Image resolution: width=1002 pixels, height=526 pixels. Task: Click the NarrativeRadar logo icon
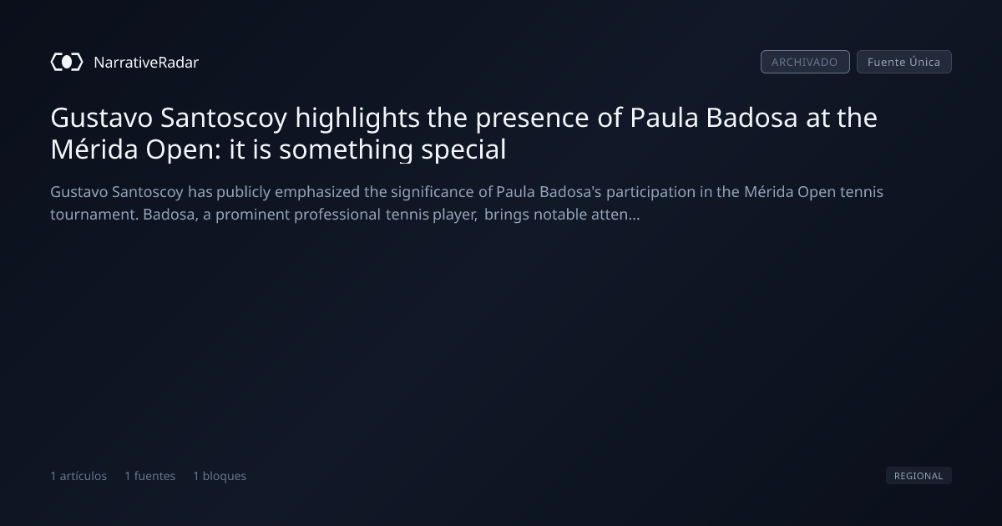(x=67, y=62)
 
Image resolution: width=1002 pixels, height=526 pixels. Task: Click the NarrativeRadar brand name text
(x=146, y=63)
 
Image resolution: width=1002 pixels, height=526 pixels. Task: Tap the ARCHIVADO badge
(x=805, y=62)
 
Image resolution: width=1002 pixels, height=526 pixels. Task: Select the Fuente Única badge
(x=903, y=62)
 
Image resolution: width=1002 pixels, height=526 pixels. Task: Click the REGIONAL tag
(x=918, y=475)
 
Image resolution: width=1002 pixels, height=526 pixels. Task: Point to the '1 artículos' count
(x=78, y=476)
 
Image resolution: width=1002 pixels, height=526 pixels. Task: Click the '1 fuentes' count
(x=149, y=476)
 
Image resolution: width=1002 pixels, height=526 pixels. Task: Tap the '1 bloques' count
(x=220, y=476)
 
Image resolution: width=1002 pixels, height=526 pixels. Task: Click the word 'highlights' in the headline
(x=357, y=119)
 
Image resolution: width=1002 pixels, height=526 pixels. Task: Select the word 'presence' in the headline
(x=532, y=119)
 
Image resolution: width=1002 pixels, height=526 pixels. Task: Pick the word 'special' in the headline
(x=463, y=149)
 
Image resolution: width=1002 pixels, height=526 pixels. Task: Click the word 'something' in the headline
(x=346, y=149)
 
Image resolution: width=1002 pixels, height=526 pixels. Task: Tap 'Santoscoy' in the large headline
(x=224, y=119)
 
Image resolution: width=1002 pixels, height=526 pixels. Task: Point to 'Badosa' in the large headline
(x=751, y=118)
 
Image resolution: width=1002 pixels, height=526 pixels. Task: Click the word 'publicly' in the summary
(x=243, y=192)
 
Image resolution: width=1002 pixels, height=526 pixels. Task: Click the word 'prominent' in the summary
(x=253, y=215)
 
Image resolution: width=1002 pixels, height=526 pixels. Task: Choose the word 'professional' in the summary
(x=337, y=215)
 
